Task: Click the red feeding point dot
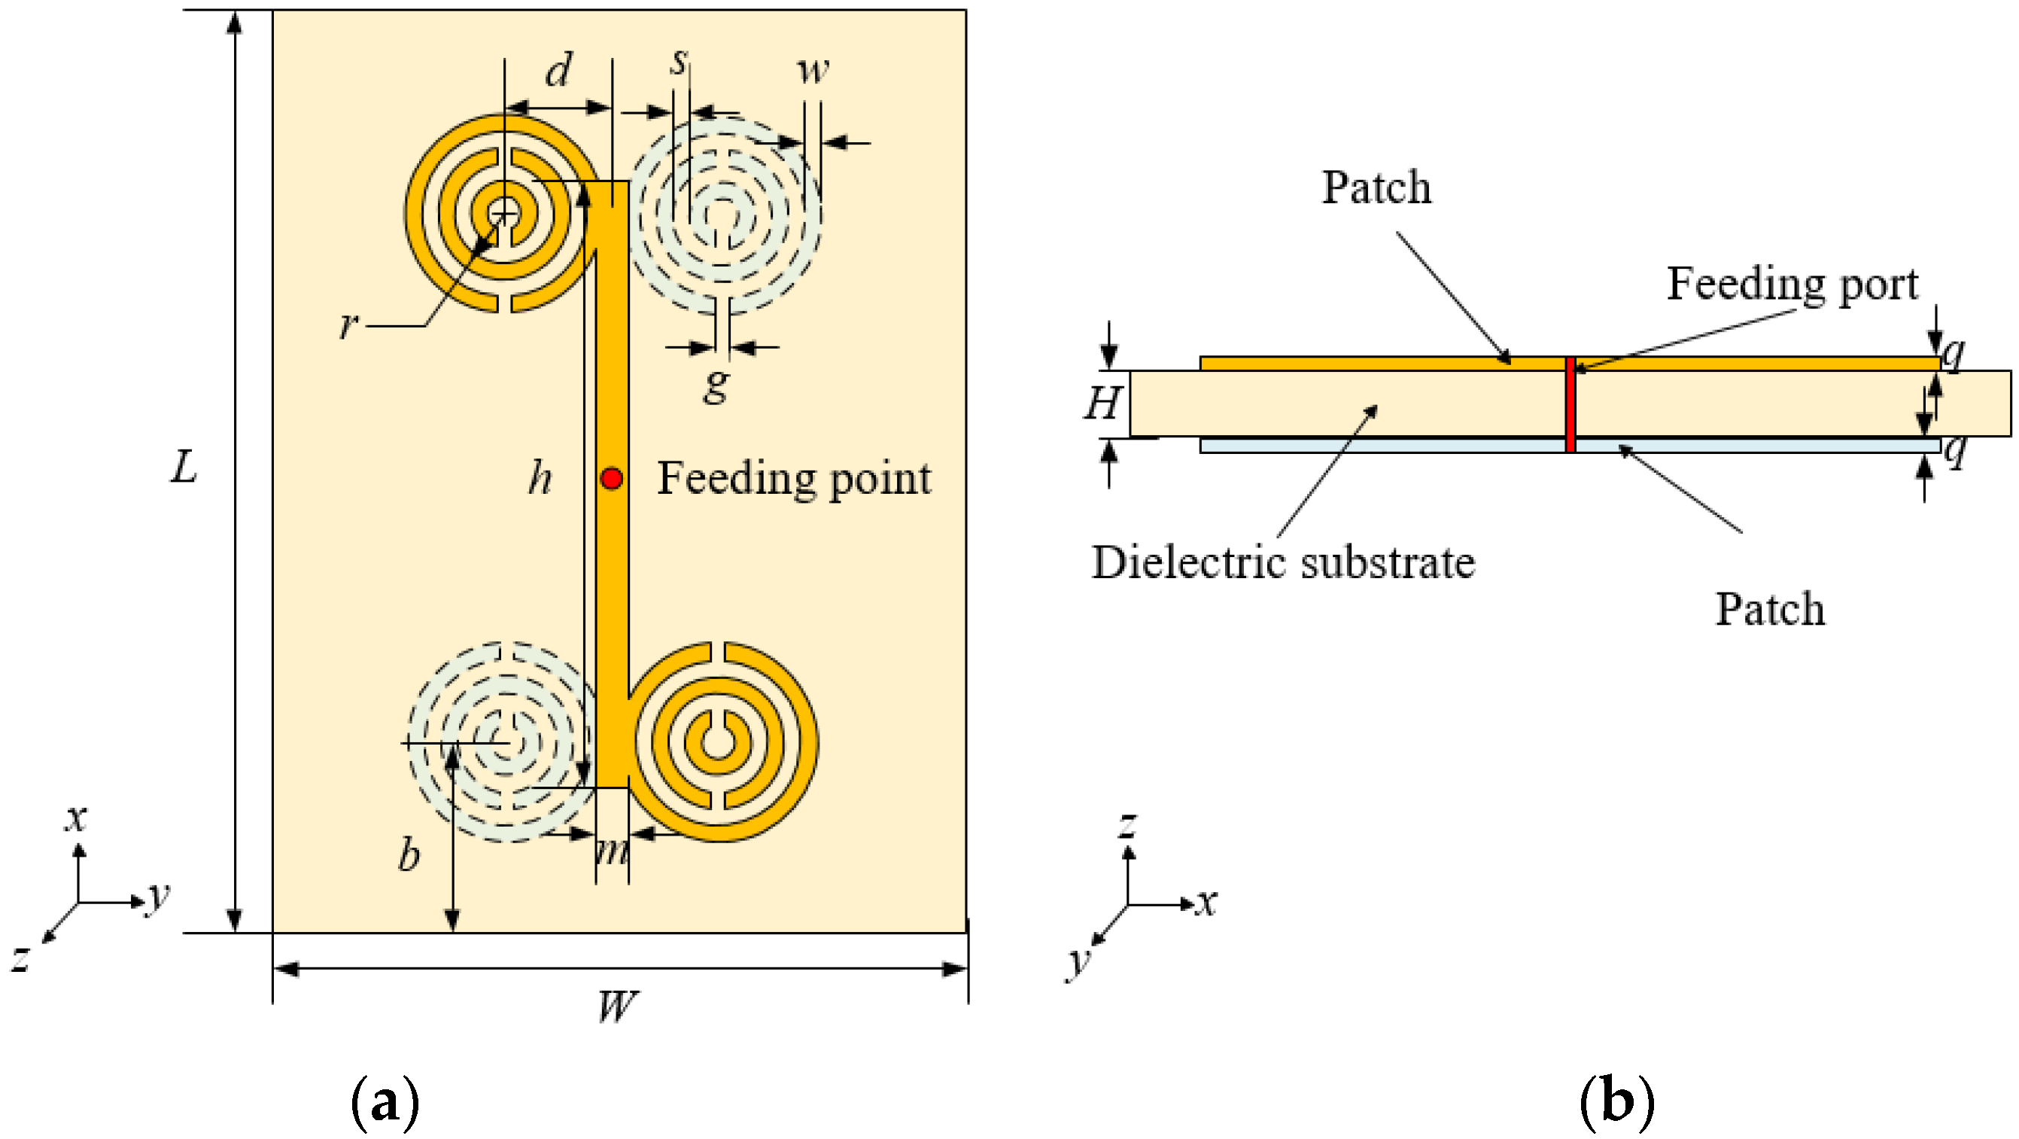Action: coord(611,478)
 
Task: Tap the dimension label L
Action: coord(184,468)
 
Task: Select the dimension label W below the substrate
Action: coord(618,1007)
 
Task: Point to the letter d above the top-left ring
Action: coord(558,72)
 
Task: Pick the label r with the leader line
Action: coord(348,323)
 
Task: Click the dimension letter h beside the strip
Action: coord(540,477)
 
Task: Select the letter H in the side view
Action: coord(1102,404)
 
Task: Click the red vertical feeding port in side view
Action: coord(1571,404)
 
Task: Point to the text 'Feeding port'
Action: coord(1792,283)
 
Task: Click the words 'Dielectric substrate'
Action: coord(1283,563)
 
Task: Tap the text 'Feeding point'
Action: coord(793,478)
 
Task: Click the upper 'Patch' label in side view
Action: coord(1376,187)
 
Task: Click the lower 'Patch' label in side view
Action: coord(1770,609)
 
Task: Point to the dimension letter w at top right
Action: coord(813,70)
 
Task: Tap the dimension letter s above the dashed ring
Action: coord(679,61)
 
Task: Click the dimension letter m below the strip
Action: coord(612,851)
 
